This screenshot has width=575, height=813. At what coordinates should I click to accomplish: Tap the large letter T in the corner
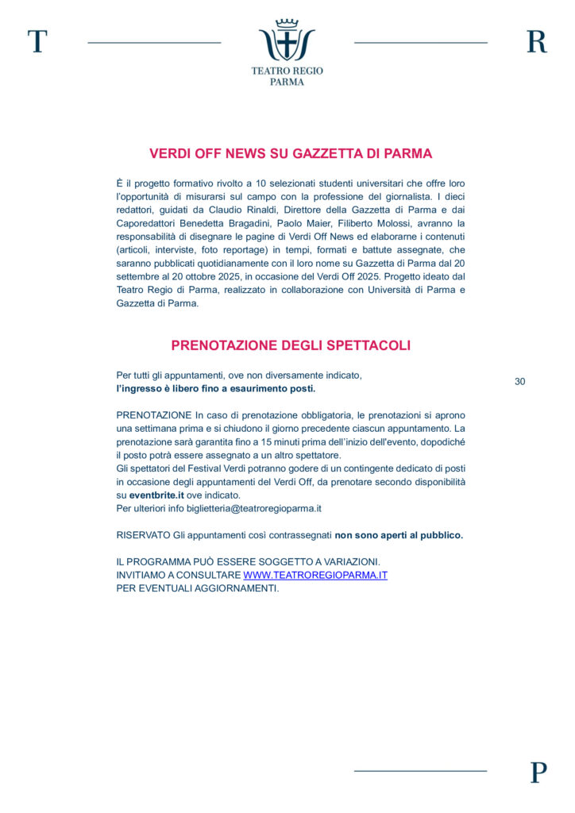click(37, 41)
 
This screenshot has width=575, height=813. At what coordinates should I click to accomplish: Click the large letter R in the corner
click(537, 41)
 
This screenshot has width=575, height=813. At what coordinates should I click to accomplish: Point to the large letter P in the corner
click(538, 772)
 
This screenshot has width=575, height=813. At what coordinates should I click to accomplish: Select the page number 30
click(520, 382)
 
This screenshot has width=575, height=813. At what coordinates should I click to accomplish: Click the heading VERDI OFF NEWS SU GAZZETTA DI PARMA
click(291, 154)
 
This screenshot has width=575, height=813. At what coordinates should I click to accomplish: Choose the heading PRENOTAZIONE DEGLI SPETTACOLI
click(291, 345)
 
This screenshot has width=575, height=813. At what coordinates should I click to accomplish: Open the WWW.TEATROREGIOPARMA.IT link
click(315, 575)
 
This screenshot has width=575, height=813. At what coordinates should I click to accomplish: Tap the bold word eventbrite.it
click(157, 495)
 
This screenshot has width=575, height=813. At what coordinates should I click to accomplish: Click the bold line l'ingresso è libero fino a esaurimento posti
click(216, 389)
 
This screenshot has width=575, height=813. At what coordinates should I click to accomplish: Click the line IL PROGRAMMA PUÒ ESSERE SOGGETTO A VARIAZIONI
click(248, 561)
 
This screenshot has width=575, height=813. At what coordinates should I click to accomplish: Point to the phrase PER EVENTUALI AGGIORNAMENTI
click(198, 588)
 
